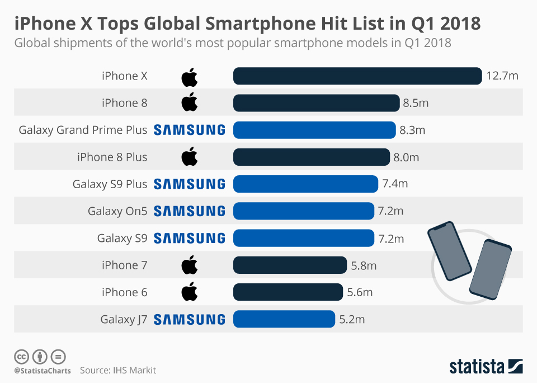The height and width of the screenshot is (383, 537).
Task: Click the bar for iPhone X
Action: (357, 76)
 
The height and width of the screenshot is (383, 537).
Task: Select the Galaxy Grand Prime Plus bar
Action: (314, 130)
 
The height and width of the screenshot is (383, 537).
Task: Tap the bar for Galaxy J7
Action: (284, 319)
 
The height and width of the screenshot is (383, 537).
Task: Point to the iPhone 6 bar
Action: (288, 292)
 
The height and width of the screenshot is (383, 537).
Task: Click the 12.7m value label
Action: (502, 76)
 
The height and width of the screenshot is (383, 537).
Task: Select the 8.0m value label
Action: (406, 157)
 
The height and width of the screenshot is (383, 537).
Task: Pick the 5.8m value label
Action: (364, 265)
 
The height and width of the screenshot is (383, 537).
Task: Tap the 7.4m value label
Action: (395, 184)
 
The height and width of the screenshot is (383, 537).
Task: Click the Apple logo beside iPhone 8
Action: (190, 102)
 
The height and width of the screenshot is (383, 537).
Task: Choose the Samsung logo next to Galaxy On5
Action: (189, 211)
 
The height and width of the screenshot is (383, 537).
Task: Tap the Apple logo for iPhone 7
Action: (190, 265)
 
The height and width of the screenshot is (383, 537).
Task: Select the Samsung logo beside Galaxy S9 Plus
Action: (189, 184)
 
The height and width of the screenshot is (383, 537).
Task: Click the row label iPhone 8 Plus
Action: (112, 157)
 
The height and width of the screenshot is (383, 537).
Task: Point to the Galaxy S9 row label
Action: (122, 239)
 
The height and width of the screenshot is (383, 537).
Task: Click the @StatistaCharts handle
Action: (43, 371)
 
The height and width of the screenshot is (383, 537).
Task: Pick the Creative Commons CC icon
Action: (22, 356)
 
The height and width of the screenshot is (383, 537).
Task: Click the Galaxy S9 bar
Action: (303, 238)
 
